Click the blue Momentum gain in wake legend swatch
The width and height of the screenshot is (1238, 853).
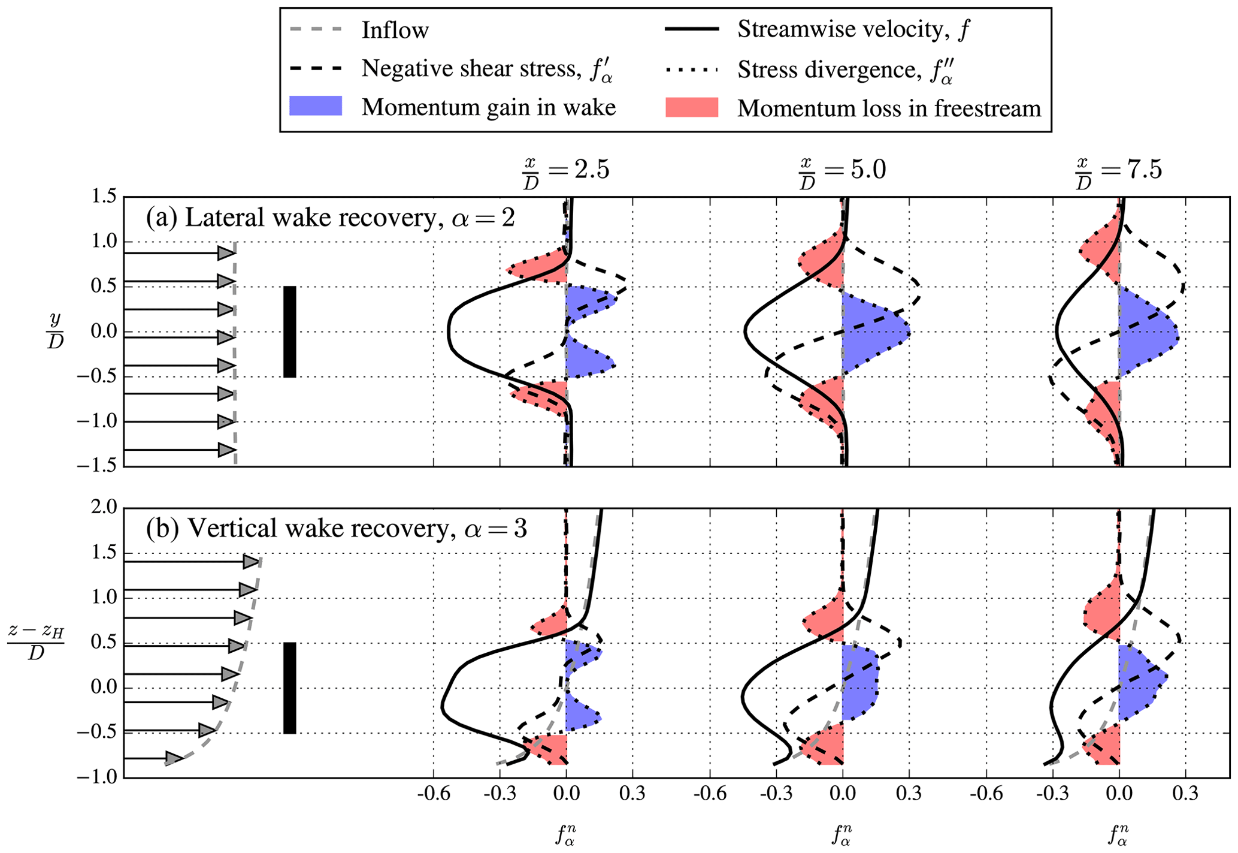pyautogui.click(x=315, y=106)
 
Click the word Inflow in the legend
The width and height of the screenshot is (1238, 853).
pyautogui.click(x=395, y=30)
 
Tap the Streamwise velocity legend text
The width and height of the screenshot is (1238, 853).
pyautogui.click(x=853, y=29)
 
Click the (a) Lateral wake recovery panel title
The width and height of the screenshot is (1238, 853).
pyautogui.click(x=330, y=218)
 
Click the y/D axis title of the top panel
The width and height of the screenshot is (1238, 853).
pyautogui.click(x=55, y=331)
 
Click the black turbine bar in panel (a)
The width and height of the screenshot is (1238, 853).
pyautogui.click(x=289, y=331)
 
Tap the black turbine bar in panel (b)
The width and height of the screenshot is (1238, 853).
pyautogui.click(x=289, y=688)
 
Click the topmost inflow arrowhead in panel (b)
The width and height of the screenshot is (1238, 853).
pyautogui.click(x=250, y=562)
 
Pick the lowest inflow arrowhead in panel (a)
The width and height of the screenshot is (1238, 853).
pyautogui.click(x=226, y=450)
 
